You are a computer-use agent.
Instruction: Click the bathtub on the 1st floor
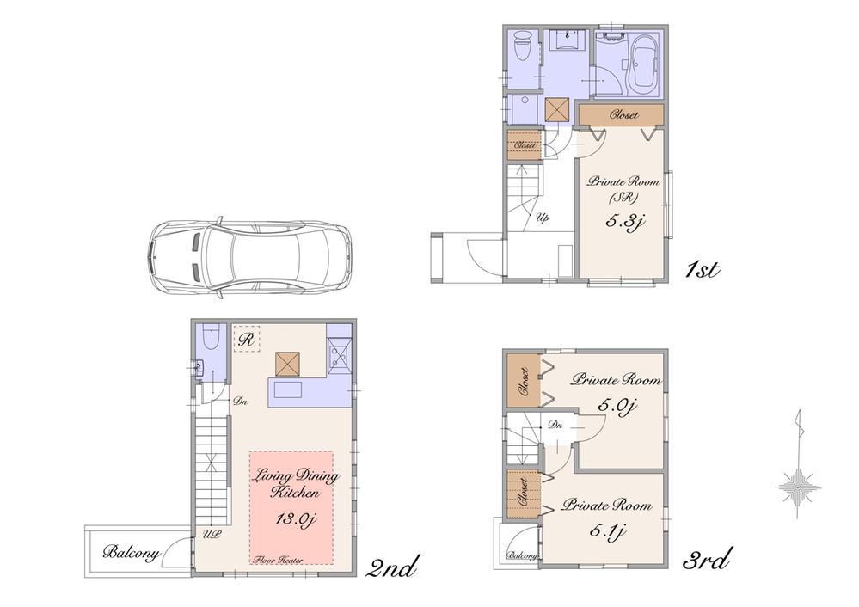643,65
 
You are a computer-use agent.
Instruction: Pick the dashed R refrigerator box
246,338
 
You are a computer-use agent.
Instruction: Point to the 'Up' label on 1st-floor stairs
543,218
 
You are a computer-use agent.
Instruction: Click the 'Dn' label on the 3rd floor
555,424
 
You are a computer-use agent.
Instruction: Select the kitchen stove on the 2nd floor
339,352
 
